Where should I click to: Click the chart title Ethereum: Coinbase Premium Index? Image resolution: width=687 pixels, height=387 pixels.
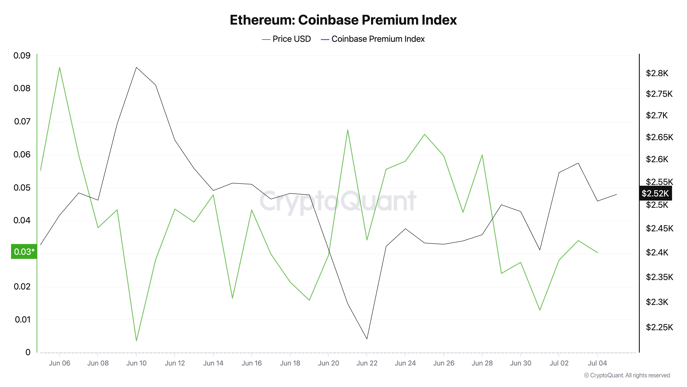pyautogui.click(x=343, y=20)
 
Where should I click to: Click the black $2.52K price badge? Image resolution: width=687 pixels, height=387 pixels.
pyautogui.click(x=655, y=193)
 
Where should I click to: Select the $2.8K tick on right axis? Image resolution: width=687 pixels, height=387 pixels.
pyautogui.click(x=657, y=73)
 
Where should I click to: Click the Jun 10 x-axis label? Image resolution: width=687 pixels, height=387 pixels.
pyautogui.click(x=136, y=363)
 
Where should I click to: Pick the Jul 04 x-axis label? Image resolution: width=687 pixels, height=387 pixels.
pyautogui.click(x=597, y=363)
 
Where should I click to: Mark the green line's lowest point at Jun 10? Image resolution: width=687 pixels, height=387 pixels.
pyautogui.click(x=136, y=341)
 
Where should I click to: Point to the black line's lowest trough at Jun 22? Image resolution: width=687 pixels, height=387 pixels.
pyautogui.click(x=367, y=339)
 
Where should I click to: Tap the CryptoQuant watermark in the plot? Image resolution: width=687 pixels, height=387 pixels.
pyautogui.click(x=338, y=201)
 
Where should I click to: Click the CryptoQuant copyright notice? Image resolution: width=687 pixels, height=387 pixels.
pyautogui.click(x=627, y=375)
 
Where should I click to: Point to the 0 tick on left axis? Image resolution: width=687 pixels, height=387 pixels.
pyautogui.click(x=28, y=352)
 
